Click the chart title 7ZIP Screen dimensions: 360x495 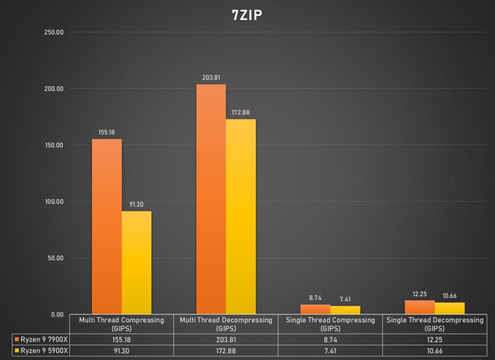247,15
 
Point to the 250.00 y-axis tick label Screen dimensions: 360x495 54,32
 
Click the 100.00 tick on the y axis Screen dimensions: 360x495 54,202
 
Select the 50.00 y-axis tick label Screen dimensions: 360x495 55,258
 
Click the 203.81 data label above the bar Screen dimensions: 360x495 211,77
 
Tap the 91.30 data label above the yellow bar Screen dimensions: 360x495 137,204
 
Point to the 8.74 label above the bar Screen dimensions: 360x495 315,298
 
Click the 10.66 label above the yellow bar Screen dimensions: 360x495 450,296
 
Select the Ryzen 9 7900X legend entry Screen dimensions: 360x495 41,340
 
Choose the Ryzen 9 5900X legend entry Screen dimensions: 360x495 41,351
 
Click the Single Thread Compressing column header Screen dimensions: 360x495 330,324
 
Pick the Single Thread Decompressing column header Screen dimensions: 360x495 435,324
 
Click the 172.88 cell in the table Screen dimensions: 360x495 226,351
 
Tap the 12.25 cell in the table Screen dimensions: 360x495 435,340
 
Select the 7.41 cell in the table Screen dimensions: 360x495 330,351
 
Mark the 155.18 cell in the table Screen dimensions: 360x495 121,340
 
